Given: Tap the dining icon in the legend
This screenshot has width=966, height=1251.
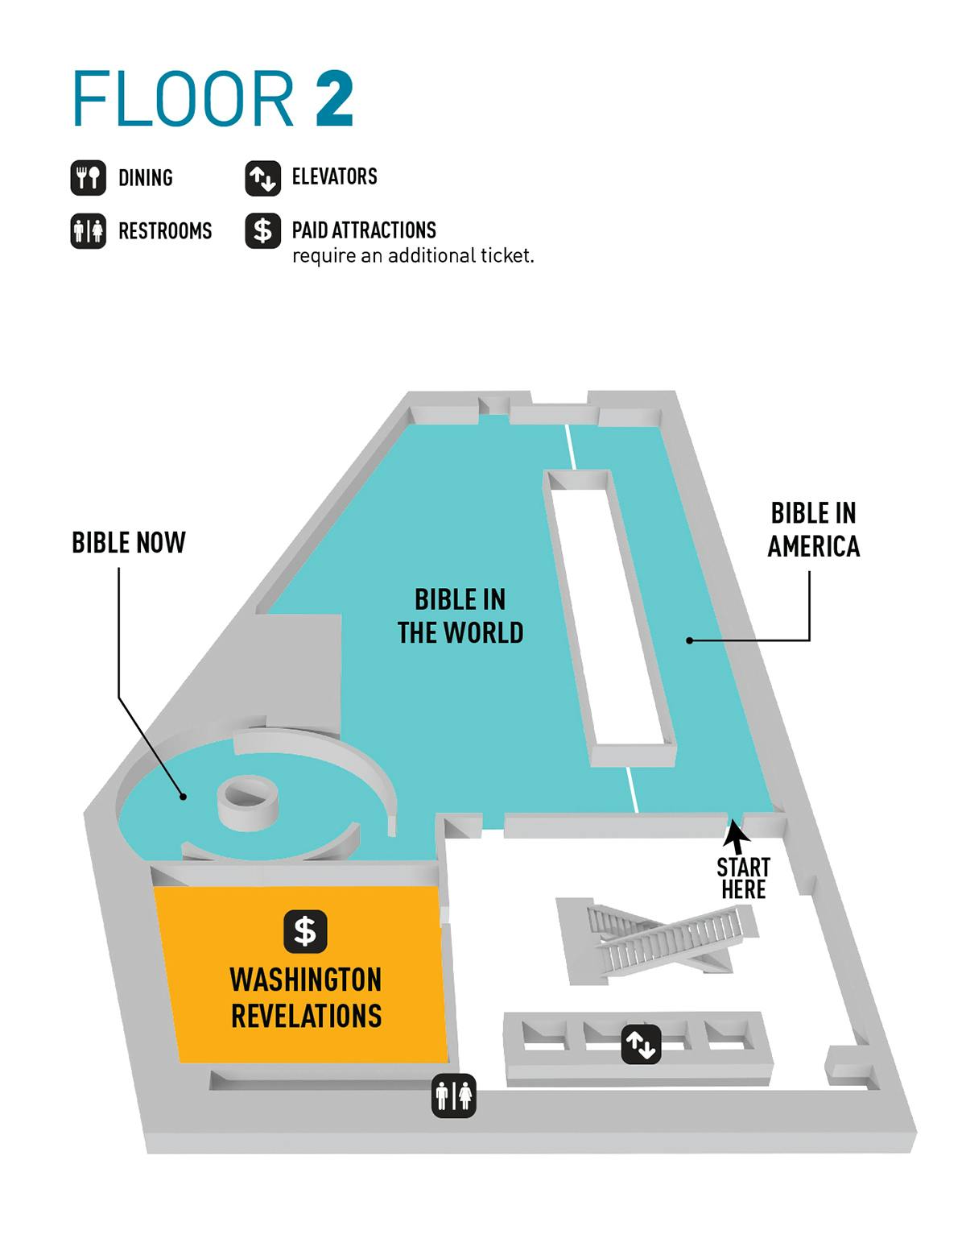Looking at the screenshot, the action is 88,178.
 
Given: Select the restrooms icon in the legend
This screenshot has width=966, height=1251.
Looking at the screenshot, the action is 88,231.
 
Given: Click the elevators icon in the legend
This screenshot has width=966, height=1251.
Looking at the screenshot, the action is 263,178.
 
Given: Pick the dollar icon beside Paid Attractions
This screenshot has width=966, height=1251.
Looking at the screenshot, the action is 263,231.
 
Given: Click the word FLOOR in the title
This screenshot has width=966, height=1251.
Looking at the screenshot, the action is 184,98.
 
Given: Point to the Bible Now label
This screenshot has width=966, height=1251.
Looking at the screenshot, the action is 129,542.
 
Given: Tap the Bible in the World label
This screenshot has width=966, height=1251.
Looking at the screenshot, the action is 460,616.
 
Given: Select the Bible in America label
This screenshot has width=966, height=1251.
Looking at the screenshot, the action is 814,530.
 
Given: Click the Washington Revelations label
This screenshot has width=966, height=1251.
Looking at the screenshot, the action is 306,998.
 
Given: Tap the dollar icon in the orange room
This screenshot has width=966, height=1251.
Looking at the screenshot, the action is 306,931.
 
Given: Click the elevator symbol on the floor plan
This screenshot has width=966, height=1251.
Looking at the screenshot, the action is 641,1044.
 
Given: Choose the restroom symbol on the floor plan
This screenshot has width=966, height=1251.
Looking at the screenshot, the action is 454,1096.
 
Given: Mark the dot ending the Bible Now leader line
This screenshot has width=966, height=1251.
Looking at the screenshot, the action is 183,797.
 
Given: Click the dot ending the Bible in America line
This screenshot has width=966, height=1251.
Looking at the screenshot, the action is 689,640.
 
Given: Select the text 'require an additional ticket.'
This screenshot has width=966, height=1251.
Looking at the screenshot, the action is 413,255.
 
